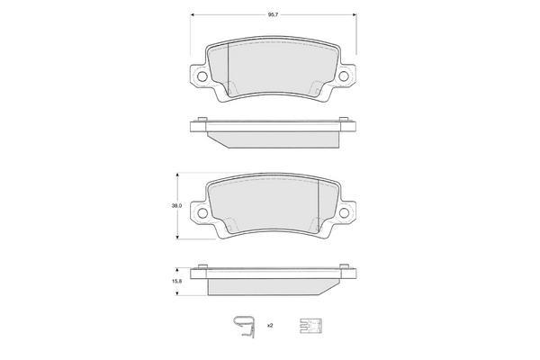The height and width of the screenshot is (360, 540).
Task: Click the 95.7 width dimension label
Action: pos(273,14)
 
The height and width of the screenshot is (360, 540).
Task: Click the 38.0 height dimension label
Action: pos(176,206)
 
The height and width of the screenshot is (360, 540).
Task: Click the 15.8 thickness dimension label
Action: pos(176,281)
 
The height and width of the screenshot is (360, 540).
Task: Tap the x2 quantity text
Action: pos(270,325)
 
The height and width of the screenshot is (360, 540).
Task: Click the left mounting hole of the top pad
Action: pos(202,76)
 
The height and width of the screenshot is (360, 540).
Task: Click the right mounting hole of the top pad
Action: pos(344,76)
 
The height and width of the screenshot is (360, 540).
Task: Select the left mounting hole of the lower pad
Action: pos(202,213)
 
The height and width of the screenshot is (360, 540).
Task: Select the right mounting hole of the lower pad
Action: pos(344,212)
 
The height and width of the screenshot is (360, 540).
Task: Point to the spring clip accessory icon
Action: pos(245,327)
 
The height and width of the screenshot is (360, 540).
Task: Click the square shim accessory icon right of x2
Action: pos(310,326)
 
